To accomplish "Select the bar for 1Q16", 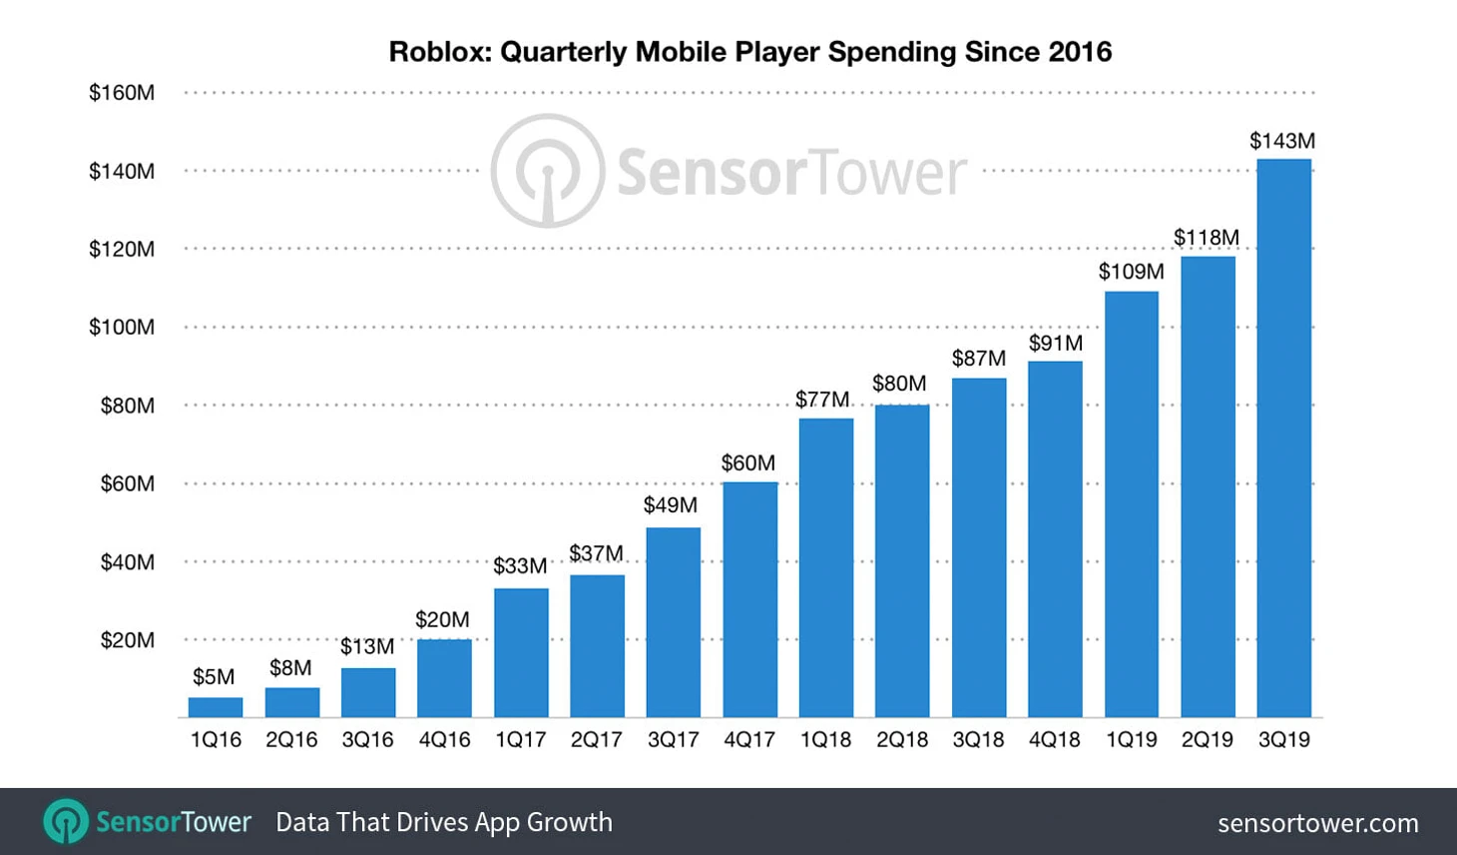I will coord(216,707).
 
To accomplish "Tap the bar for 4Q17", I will coord(749,599).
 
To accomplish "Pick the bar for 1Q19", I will coord(1131,504).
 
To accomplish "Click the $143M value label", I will coord(1282,141).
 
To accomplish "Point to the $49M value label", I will coord(671,505).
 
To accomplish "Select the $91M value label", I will coord(1056,344).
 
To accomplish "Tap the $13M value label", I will coord(367,647).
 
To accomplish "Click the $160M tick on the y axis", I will coord(122,93).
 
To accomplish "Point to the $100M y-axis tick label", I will coord(122,328).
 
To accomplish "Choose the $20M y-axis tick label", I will coord(127,640).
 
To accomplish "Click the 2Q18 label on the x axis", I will coord(902,740).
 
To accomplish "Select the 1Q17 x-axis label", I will coord(521,740).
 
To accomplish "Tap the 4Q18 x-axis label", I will coord(1055,740).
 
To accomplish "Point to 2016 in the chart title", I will coord(1080,52).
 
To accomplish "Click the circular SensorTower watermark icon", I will coord(547,171).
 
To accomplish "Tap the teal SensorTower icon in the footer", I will coord(66,822).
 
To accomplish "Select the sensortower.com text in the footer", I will coord(1317,823).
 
